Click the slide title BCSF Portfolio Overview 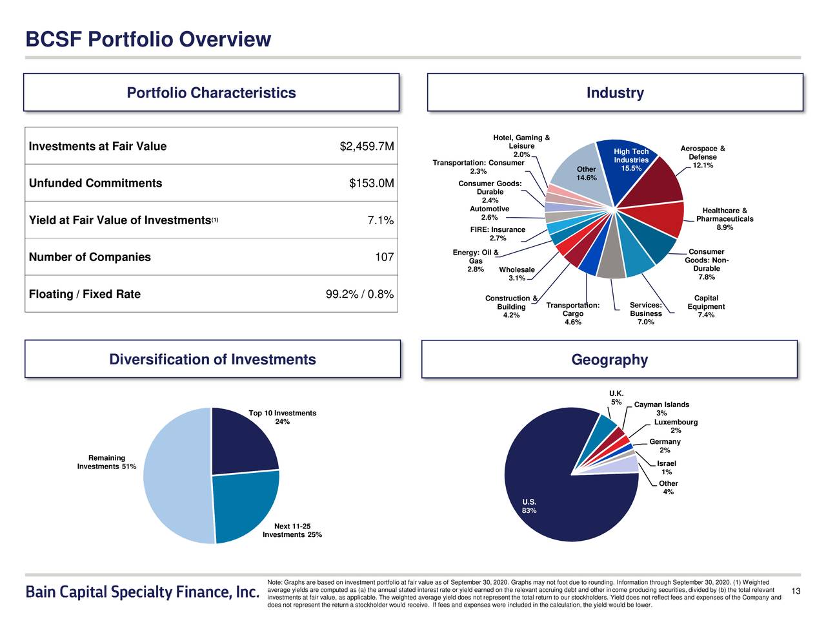pos(148,39)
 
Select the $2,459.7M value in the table pos(367,147)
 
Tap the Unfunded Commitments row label pos(96,183)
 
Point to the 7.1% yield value pos(380,221)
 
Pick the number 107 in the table pos(384,258)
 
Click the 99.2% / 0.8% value pos(359,295)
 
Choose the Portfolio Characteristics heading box pos(211,93)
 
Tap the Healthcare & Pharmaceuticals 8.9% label pos(724,219)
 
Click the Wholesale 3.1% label pos(516,274)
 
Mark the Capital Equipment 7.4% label pos(706,307)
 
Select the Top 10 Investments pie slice pos(242,443)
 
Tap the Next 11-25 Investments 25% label pos(292,530)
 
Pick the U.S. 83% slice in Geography pos(555,498)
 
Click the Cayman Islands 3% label pos(661,409)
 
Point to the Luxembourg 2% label pos(676,426)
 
